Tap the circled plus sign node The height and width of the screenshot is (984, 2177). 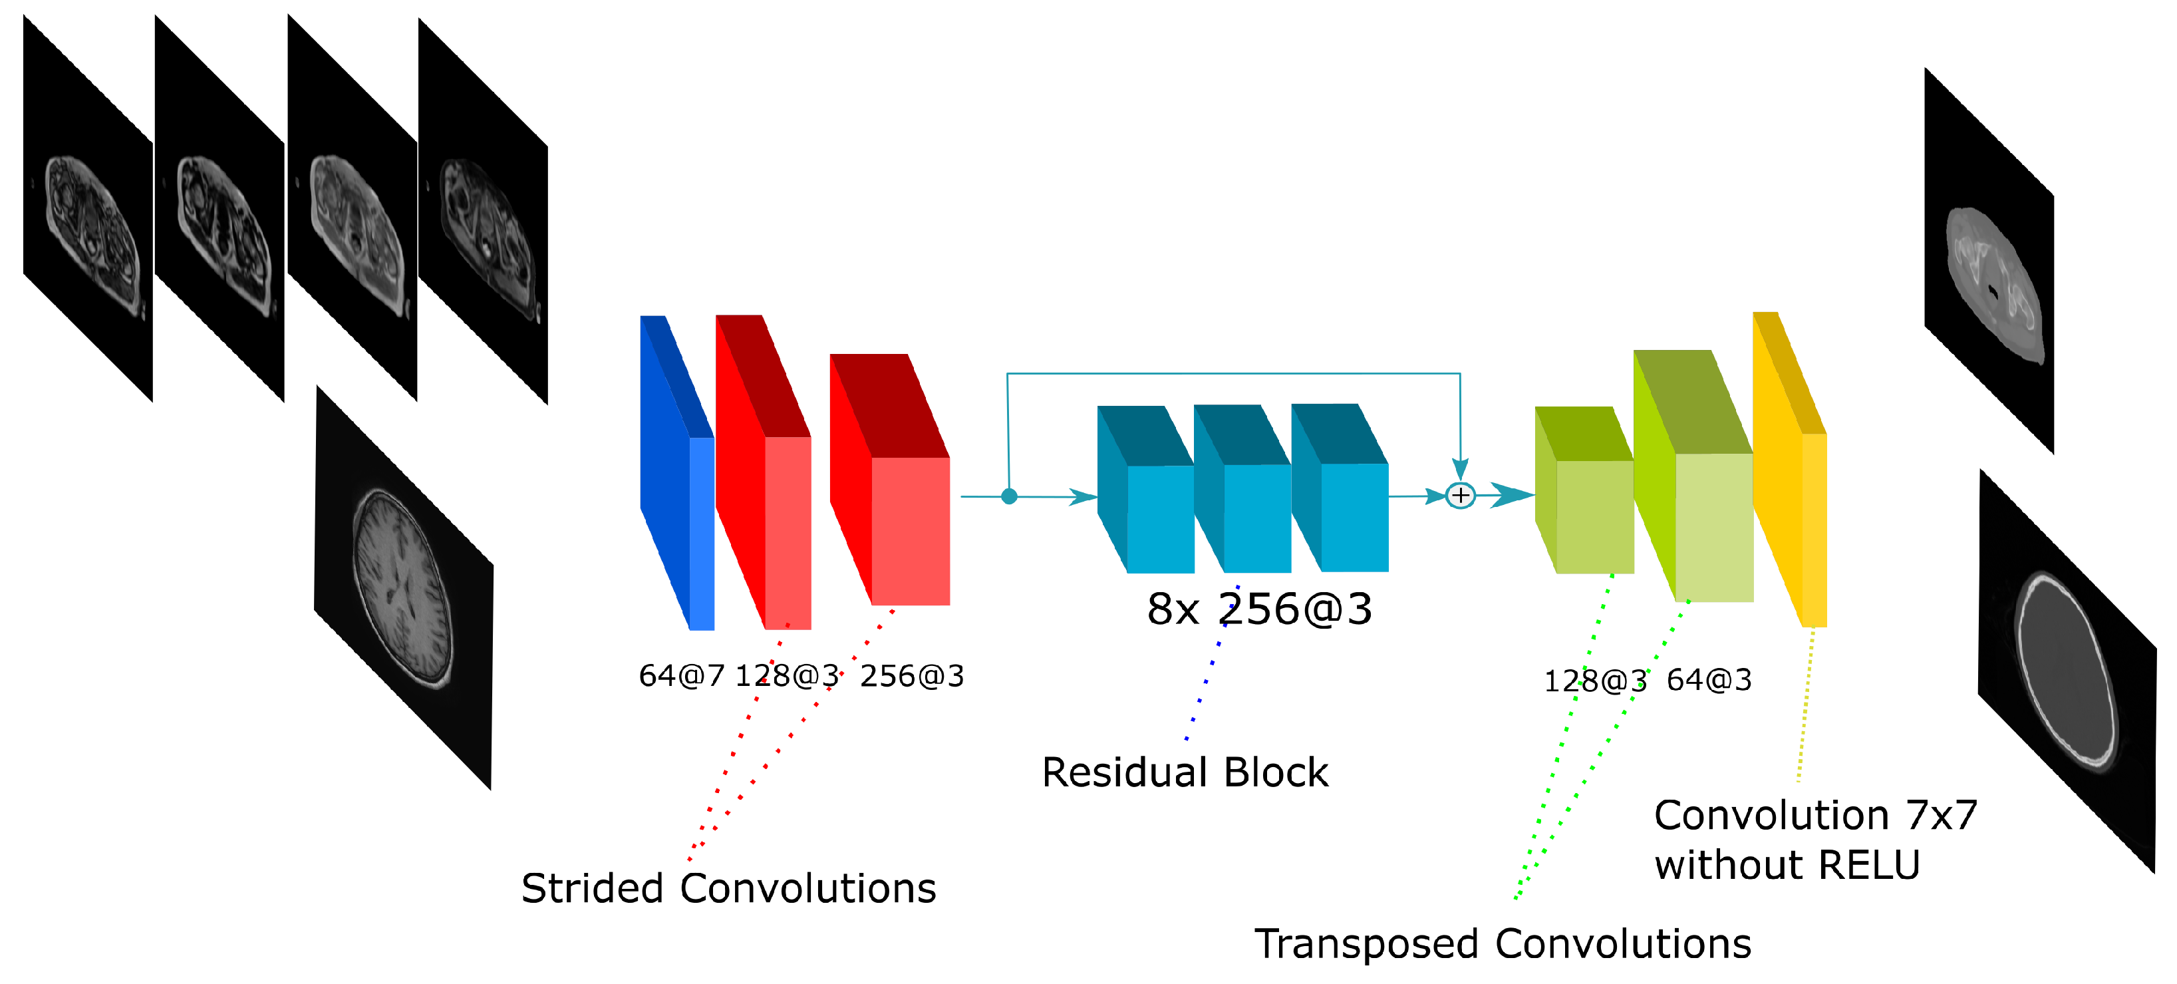1461,496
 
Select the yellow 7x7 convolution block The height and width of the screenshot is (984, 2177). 1790,474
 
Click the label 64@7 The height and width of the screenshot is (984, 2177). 681,675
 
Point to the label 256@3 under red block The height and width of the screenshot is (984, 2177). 912,675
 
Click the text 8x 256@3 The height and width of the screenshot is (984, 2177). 1259,609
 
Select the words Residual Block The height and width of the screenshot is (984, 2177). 1185,772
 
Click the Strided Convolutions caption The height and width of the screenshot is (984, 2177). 728,888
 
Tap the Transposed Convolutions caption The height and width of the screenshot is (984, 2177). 1503,943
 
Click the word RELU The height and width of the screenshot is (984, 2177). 1870,865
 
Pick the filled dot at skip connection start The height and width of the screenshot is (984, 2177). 1009,496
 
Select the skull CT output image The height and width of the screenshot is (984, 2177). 2067,671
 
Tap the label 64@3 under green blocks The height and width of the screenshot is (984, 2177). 1709,680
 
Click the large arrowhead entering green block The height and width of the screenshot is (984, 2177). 1512,496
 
